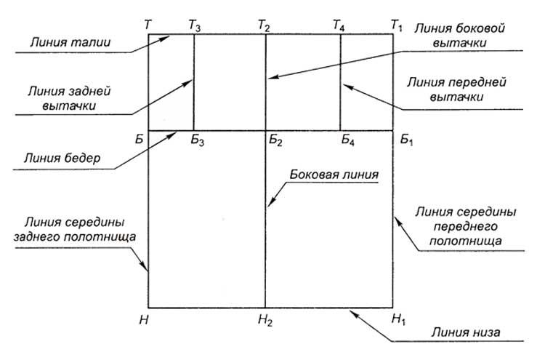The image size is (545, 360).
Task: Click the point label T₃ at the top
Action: pyautogui.click(x=195, y=25)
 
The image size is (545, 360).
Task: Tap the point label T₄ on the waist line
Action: pyautogui.click(x=339, y=25)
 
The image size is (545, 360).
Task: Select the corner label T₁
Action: pyautogui.click(x=397, y=25)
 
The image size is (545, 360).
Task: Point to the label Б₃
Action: pyautogui.click(x=197, y=140)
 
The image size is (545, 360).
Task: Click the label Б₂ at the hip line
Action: pyautogui.click(x=275, y=140)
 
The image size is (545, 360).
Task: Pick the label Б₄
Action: pyautogui.click(x=347, y=140)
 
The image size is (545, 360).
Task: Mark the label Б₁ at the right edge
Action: pyautogui.click(x=406, y=140)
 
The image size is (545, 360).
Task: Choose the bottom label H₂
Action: pyautogui.click(x=265, y=320)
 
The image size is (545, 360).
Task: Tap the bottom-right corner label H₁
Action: pyautogui.click(x=398, y=319)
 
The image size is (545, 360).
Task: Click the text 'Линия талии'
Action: pyautogui.click(x=70, y=42)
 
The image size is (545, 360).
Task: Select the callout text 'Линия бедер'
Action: pyautogui.click(x=62, y=159)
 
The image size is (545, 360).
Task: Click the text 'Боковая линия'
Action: pyautogui.click(x=334, y=175)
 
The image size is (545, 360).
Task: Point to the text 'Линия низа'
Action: pyautogui.click(x=466, y=332)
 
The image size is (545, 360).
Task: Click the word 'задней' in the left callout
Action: pyautogui.click(x=88, y=91)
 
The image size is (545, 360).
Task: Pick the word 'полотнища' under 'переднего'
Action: pyautogui.click(x=466, y=241)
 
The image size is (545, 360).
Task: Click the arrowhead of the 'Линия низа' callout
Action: pyautogui.click(x=352, y=312)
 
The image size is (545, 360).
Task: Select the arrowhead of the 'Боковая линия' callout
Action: pyautogui.click(x=270, y=204)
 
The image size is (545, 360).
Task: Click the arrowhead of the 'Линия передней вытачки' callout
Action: pyautogui.click(x=346, y=86)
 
